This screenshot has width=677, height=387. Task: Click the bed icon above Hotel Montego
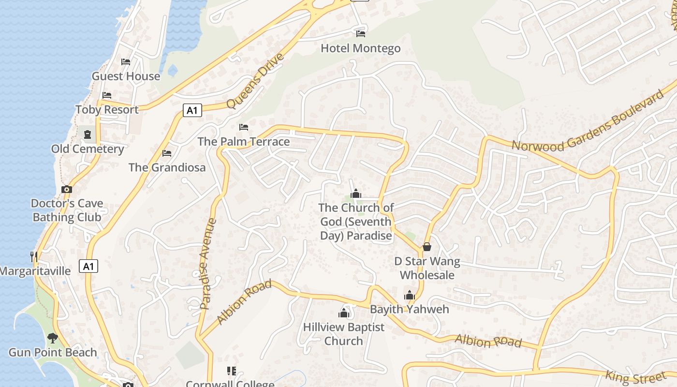pos(361,33)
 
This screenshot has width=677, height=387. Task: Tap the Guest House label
pos(126,76)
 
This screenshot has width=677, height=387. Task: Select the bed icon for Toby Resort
pos(107,95)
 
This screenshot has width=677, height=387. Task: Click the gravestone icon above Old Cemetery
pos(88,134)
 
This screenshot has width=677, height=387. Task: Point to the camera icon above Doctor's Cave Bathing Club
pos(67,189)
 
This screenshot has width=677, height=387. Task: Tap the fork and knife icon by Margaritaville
pos(33,256)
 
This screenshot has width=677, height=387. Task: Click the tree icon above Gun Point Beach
pos(52,338)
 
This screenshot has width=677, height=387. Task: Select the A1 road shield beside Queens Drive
pos(192,110)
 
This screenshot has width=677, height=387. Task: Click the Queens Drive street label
pos(255,81)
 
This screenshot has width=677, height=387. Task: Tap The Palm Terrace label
pos(244,141)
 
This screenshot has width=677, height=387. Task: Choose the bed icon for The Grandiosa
pos(167,153)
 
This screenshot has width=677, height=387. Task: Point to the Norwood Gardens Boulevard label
pos(589,121)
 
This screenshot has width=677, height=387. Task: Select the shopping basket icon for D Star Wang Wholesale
pos(427,247)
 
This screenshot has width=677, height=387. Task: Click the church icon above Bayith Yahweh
pos(410,295)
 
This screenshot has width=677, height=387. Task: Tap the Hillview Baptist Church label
pos(344,334)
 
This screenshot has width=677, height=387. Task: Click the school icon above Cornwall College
pos(231,371)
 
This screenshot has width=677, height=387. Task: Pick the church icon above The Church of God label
pos(356,193)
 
